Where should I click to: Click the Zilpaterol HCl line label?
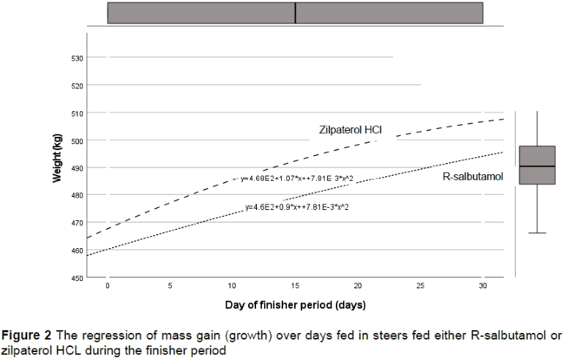point(351,130)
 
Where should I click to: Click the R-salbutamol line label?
point(473,176)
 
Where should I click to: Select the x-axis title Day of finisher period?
point(296,303)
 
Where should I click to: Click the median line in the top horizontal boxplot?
point(296,12)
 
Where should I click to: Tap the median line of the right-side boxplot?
point(537,167)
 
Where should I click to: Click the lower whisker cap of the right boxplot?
point(537,233)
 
